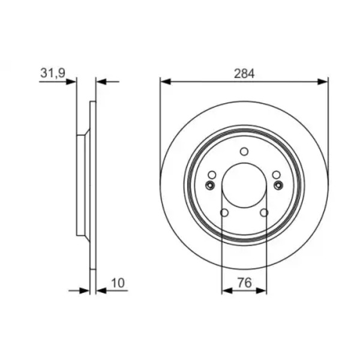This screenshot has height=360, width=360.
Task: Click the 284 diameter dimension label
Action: click(x=244, y=74)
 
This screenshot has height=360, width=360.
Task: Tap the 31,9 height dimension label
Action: click(x=53, y=73)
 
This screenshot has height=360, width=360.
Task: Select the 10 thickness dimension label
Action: click(x=118, y=283)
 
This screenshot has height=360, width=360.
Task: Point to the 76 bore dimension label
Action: click(x=244, y=283)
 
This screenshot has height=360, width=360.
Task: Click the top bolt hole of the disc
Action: click(x=244, y=152)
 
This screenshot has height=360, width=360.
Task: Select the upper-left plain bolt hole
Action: click(x=212, y=175)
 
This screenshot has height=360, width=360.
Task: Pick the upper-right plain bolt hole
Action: click(x=277, y=175)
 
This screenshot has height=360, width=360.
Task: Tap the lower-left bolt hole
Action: click(x=224, y=213)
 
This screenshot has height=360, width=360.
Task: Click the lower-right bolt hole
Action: click(x=264, y=213)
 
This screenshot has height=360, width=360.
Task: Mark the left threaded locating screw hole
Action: click(x=209, y=185)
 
